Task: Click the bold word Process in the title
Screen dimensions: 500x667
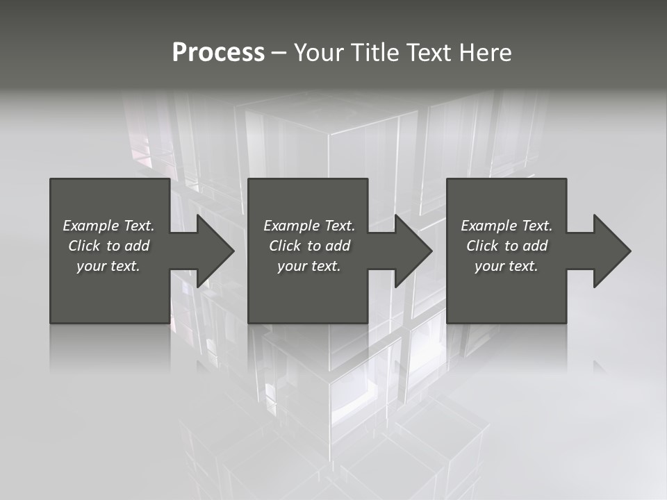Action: [x=218, y=53]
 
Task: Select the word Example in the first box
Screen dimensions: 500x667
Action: [x=90, y=226]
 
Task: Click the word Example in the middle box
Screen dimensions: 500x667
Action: [x=291, y=226]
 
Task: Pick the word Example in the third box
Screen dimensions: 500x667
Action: [x=488, y=226]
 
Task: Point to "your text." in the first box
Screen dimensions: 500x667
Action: [x=108, y=266]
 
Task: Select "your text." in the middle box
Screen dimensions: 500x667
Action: [x=309, y=266]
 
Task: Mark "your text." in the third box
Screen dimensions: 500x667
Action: [x=507, y=266]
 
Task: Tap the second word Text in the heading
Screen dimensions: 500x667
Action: [x=429, y=53]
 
